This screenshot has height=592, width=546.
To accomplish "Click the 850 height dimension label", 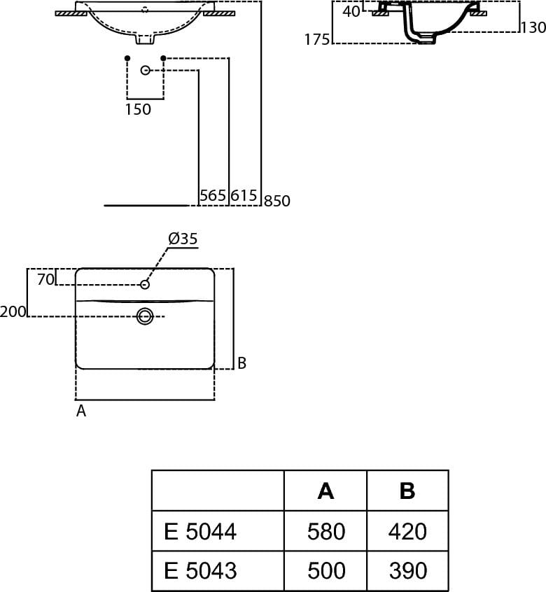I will click(277, 201).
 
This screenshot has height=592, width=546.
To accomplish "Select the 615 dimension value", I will click(244, 195).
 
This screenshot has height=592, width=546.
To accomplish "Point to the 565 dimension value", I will click(213, 195).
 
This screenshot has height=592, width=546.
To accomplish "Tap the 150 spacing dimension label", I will click(138, 109).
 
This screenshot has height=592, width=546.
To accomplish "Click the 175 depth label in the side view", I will click(317, 40).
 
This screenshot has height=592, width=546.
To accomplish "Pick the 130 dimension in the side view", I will click(533, 28).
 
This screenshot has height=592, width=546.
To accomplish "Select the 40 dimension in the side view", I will click(352, 11).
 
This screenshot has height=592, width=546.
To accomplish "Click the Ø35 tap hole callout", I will click(183, 239).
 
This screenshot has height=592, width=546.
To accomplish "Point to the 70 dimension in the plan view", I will click(45, 279).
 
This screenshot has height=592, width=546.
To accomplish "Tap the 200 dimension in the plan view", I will click(13, 312).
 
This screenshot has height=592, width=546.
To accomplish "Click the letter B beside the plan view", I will click(241, 363).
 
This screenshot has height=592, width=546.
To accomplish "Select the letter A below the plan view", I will click(81, 411).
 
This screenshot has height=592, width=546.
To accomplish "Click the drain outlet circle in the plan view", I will click(145, 316).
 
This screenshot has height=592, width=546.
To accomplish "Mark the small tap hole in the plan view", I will click(145, 284).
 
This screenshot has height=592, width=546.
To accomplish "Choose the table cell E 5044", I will click(201, 532).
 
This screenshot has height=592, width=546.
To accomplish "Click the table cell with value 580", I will click(326, 532).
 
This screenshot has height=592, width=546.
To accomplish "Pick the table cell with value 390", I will click(407, 570).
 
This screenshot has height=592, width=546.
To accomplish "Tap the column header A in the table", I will click(326, 491).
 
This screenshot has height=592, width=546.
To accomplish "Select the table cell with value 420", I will click(407, 532).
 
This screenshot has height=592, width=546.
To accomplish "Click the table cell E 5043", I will click(201, 570).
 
